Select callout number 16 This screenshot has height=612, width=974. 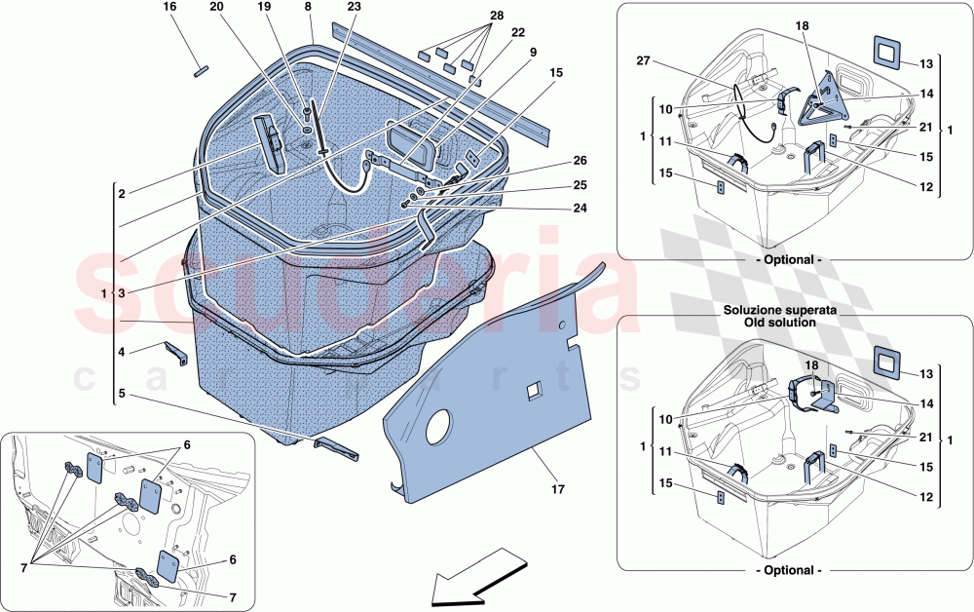(x=169, y=7)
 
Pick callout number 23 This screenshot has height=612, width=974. (x=354, y=7)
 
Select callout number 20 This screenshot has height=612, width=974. (x=216, y=7)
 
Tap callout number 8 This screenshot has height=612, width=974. (x=308, y=7)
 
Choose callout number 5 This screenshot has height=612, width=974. (x=122, y=394)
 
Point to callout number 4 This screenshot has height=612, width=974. (x=122, y=351)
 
